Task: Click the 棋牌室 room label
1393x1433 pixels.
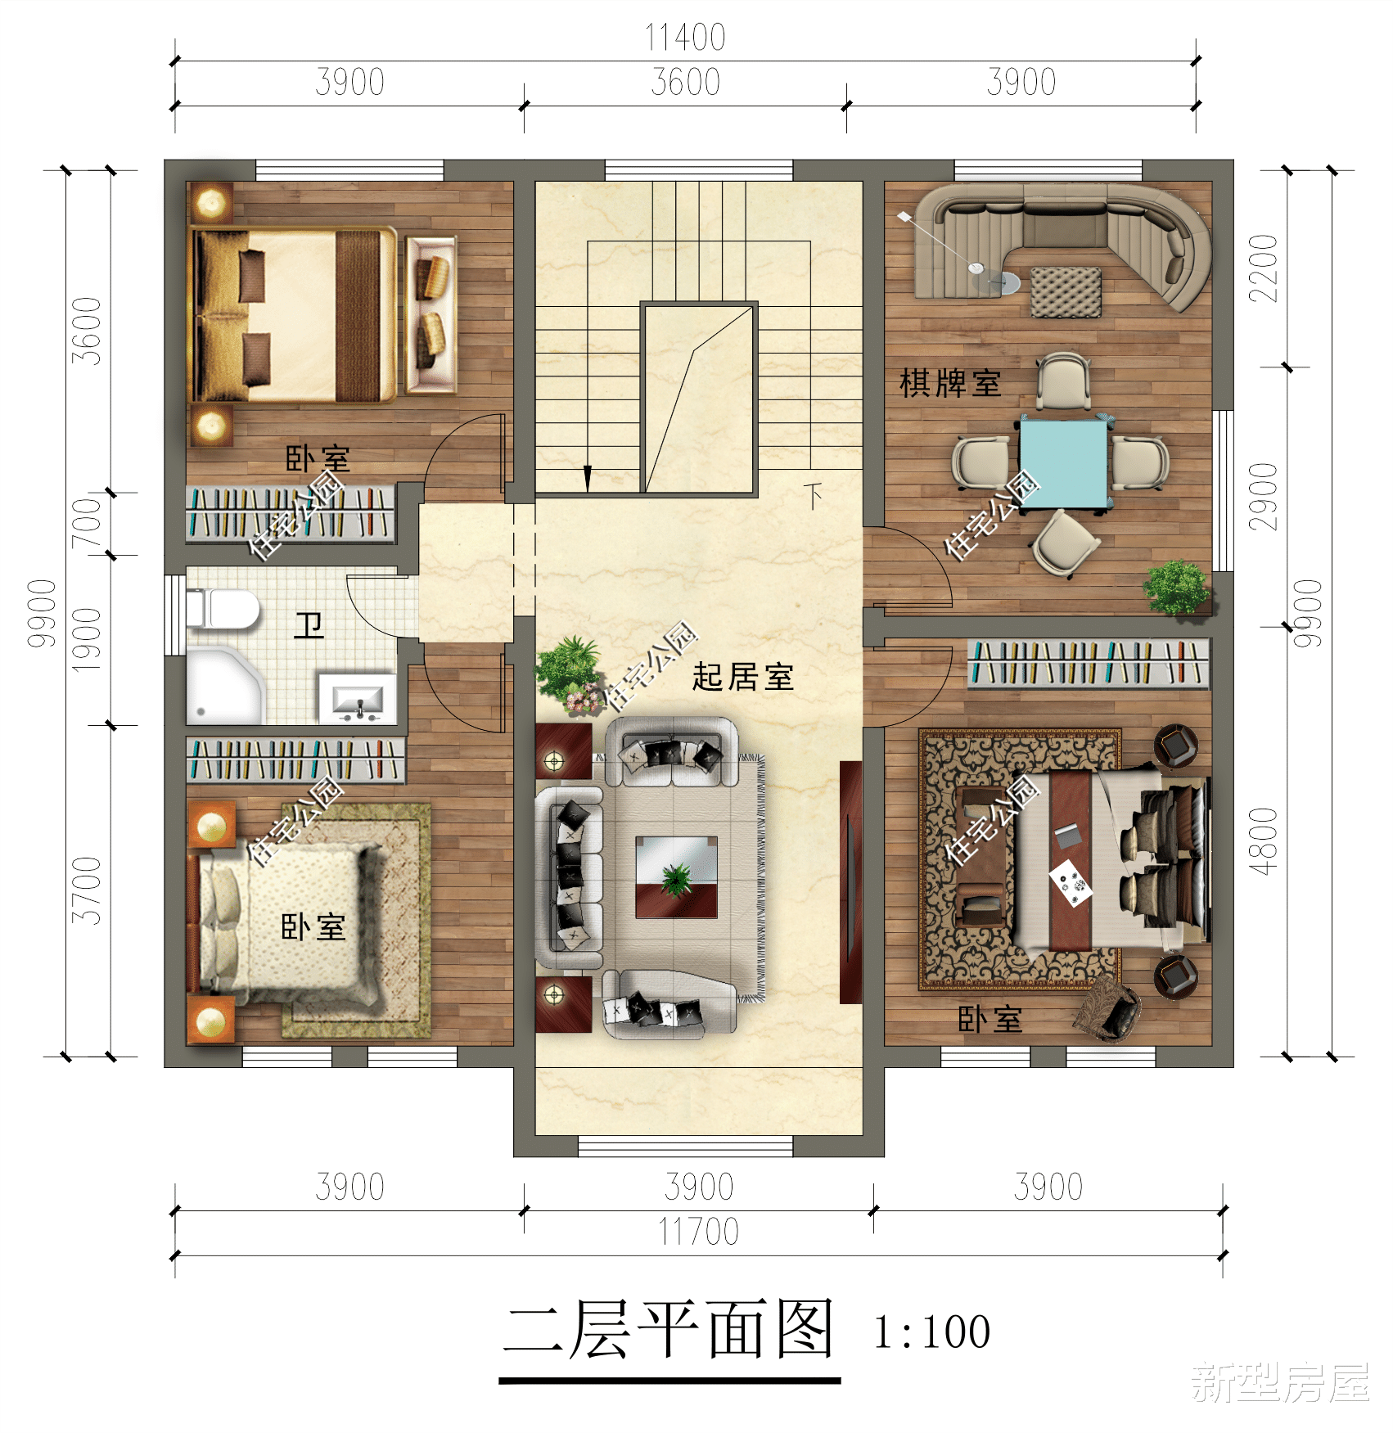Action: coord(950,383)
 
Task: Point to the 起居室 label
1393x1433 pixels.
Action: coord(742,677)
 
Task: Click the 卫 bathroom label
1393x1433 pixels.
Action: coord(309,626)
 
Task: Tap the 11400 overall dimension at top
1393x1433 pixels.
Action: coord(685,38)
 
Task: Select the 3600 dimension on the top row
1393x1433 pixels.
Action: coord(685,83)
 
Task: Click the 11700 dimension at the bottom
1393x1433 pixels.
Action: coord(698,1232)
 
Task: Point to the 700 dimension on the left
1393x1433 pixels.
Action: coord(87,524)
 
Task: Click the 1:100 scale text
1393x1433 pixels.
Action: coord(931,1332)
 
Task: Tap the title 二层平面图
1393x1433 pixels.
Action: coord(669,1330)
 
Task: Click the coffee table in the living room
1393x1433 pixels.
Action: coord(677,876)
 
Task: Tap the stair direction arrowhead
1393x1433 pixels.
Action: coord(587,478)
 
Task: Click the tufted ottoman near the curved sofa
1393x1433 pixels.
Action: coord(1065,291)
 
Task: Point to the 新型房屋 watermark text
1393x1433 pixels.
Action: coord(1280,1382)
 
